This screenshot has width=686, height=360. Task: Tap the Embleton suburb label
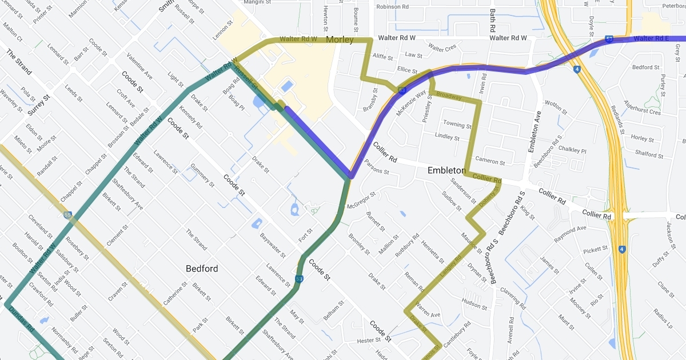(x=446, y=170)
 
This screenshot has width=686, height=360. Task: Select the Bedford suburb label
(x=202, y=268)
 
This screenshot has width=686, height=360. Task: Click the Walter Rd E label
(x=651, y=38)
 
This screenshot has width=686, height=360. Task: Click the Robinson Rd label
(x=393, y=7)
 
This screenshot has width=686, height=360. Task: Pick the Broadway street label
(x=448, y=97)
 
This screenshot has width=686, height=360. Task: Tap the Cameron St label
(x=490, y=162)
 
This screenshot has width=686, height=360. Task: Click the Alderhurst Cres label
(x=643, y=109)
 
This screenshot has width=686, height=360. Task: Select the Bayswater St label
(x=273, y=244)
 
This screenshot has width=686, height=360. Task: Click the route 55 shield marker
(x=68, y=215)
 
